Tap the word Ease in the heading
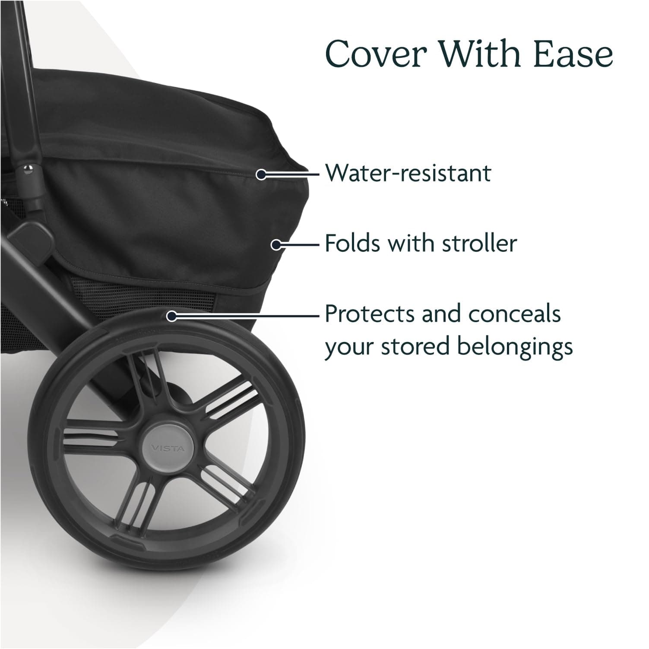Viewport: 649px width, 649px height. pos(573,54)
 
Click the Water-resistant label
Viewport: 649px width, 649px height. pos(408,173)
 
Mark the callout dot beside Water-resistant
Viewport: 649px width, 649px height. pos(261,175)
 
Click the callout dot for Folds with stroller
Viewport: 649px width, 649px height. pos(275,245)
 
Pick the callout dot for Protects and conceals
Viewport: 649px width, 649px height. pos(171,316)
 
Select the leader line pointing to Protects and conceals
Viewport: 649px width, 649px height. pos(246,316)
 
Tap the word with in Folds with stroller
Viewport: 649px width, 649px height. pos(404,243)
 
